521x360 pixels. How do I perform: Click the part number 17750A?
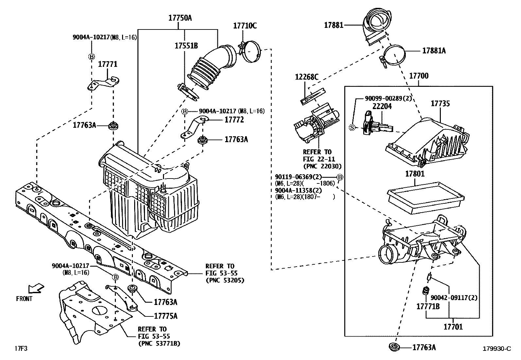coord(180,18)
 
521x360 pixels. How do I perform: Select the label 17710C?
coord(245,26)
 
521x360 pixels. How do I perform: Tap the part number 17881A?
coord(434,51)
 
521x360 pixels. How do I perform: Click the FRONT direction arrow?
coord(36,288)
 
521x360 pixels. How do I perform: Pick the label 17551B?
coord(186,46)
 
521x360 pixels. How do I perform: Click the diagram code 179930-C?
coord(496,349)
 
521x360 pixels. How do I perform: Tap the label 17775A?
coord(166,316)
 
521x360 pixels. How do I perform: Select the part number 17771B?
coord(428,307)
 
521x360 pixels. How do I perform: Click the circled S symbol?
coord(352,127)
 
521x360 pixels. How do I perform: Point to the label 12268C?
coord(307,77)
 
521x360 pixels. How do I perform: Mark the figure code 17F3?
coord(21,348)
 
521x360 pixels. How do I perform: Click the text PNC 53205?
coord(225,280)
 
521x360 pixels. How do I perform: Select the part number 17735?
coord(440,104)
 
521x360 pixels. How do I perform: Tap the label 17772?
coord(234,120)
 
